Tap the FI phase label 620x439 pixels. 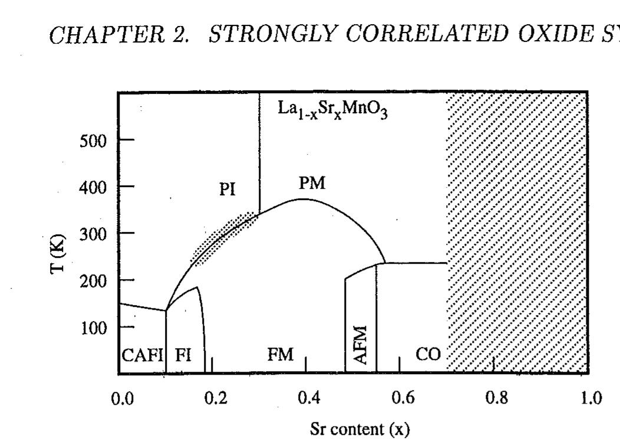pyautogui.click(x=183, y=355)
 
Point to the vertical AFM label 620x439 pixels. pyautogui.click(x=361, y=346)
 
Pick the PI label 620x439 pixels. pyautogui.click(x=227, y=189)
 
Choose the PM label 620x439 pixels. pyautogui.click(x=312, y=184)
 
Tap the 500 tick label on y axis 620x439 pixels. pyautogui.click(x=94, y=141)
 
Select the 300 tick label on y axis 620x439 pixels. pyautogui.click(x=94, y=234)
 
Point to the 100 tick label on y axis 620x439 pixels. pyautogui.click(x=94, y=327)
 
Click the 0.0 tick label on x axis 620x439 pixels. pyautogui.click(x=123, y=398)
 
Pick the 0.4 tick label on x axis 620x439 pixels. pyautogui.click(x=309, y=398)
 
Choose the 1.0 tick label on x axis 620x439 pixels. pyautogui.click(x=590, y=398)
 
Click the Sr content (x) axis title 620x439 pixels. pyautogui.click(x=360, y=428)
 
